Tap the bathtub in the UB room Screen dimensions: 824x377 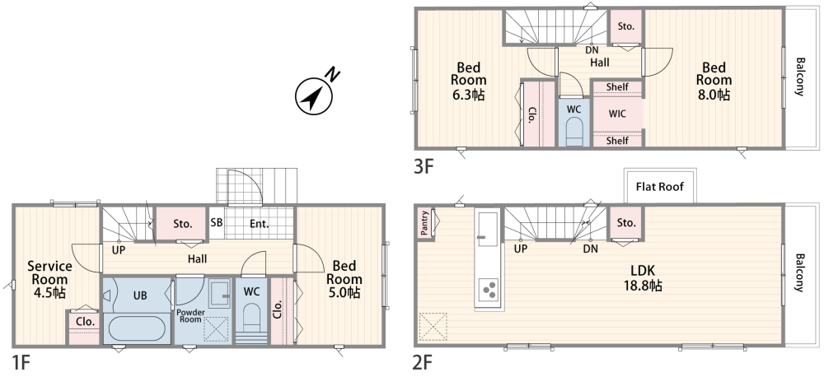[137, 328]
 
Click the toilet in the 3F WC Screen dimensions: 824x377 [574, 131]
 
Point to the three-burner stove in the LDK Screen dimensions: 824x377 [489, 291]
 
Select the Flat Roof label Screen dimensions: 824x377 [660, 186]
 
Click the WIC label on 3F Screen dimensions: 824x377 [617, 114]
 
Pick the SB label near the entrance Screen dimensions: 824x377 [217, 222]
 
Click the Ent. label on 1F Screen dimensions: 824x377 [259, 224]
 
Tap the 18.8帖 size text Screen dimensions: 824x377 [643, 286]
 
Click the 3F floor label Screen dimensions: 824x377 [424, 166]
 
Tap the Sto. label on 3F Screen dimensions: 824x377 [625, 26]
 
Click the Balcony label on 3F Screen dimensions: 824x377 [800, 77]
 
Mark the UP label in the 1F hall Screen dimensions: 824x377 [119, 250]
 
